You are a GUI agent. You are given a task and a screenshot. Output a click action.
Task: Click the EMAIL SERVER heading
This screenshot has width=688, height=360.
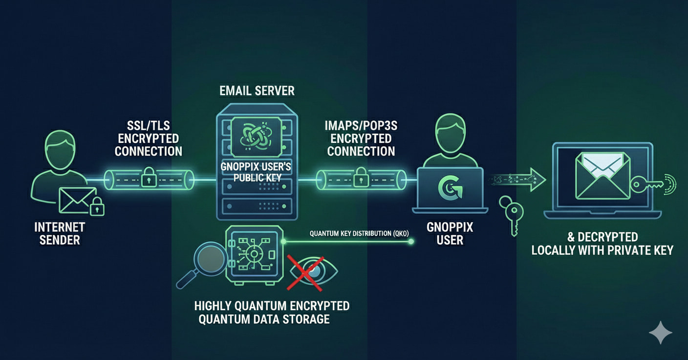pyautogui.click(x=257, y=90)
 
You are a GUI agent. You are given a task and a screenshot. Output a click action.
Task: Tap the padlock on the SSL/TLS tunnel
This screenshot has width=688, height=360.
pyautogui.click(x=147, y=180)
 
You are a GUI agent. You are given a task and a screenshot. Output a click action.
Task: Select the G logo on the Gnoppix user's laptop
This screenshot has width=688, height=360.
pyautogui.click(x=450, y=189)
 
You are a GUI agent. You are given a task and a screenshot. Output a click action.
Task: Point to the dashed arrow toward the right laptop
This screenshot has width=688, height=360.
pyautogui.click(x=518, y=180)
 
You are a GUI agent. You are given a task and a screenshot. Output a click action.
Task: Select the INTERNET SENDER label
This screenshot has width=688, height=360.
pyautogui.click(x=60, y=233)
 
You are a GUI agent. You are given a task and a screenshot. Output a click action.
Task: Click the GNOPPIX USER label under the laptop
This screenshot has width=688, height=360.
pyautogui.click(x=450, y=234)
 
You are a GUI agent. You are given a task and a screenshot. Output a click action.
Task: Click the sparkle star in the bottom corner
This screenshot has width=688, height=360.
pyautogui.click(x=660, y=333)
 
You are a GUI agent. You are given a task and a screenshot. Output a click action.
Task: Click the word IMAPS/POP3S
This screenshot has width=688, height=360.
pyautogui.click(x=361, y=126)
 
